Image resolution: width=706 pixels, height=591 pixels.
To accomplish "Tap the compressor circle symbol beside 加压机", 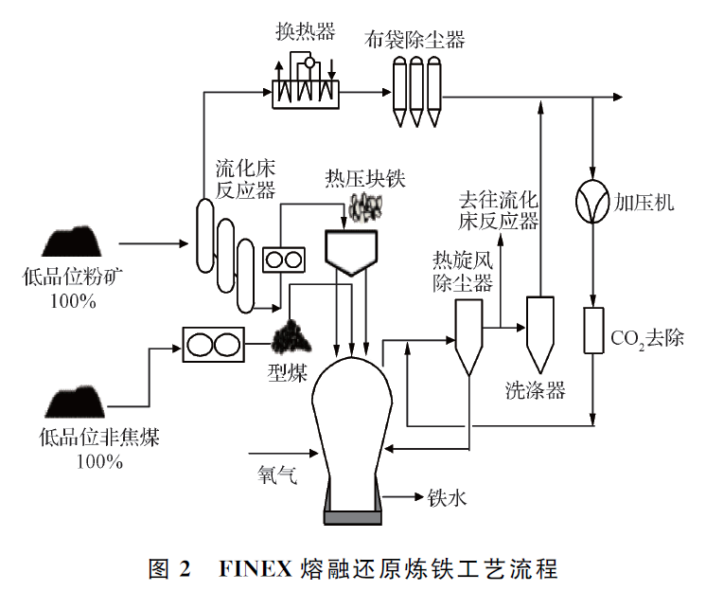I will tap(592, 202).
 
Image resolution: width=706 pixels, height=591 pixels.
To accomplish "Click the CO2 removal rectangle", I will tap(592, 331).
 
